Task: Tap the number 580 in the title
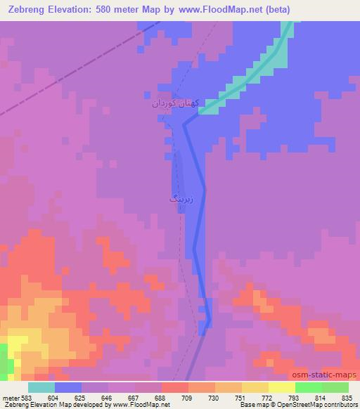pos(117,9)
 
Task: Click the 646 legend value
pos(107,397)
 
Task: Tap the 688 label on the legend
pos(160,397)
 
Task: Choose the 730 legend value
pos(214,397)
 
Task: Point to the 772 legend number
pos(267,397)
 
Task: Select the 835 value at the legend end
pos(346,397)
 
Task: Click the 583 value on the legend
pos(26,397)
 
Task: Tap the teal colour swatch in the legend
pos(41,387)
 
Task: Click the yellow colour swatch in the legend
pos(282,387)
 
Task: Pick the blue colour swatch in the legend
pos(68,387)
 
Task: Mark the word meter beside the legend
pos(10,397)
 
